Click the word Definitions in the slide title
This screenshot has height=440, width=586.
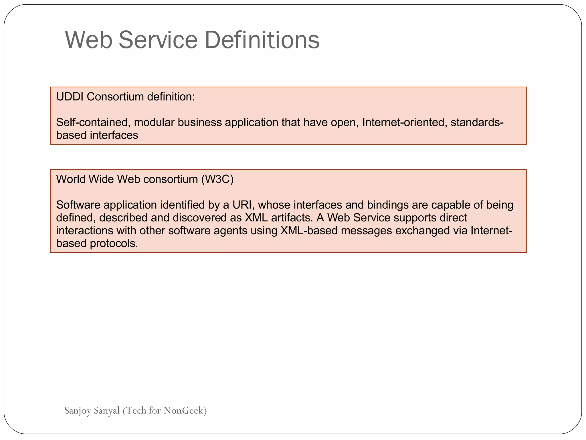pyautogui.click(x=262, y=40)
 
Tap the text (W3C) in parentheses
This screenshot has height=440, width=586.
pyautogui.click(x=217, y=179)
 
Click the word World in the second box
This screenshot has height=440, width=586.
pyautogui.click(x=71, y=179)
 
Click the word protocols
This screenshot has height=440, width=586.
pyautogui.click(x=114, y=243)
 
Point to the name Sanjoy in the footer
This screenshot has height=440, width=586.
pyautogui.click(x=78, y=411)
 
